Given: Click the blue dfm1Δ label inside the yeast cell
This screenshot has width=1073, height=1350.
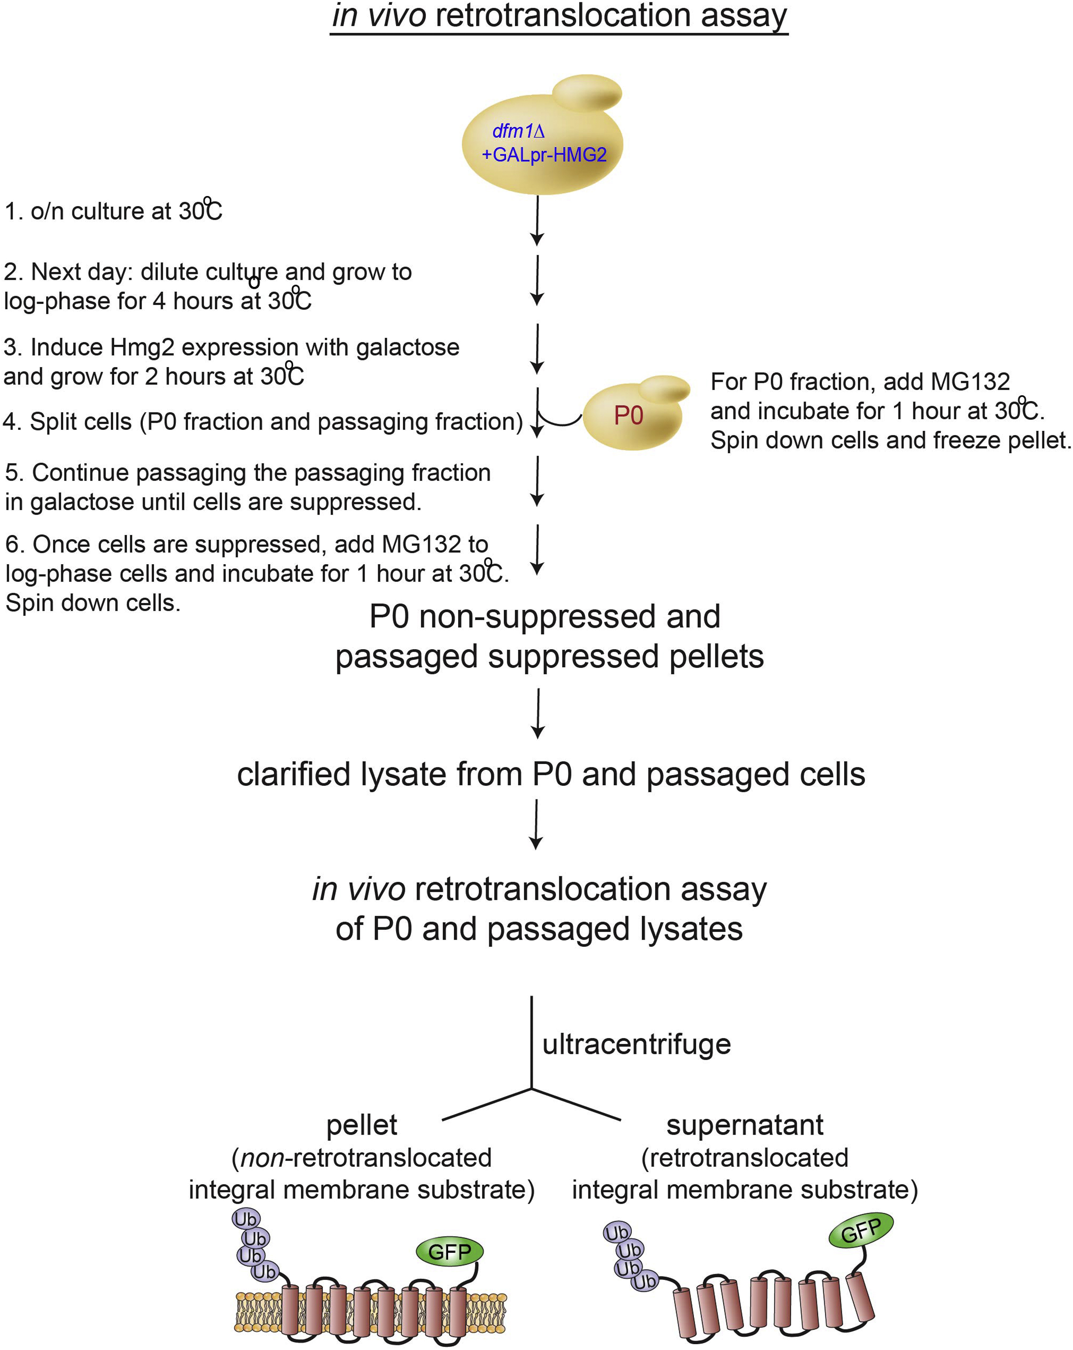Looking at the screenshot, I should (x=518, y=131).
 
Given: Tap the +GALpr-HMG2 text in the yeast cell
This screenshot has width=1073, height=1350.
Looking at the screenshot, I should (x=544, y=155).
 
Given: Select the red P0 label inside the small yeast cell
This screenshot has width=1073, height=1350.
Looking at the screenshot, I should (x=628, y=416).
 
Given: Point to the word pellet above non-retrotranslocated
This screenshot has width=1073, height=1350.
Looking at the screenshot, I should (x=362, y=1125).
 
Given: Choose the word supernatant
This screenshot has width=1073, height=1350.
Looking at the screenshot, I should (x=744, y=1125).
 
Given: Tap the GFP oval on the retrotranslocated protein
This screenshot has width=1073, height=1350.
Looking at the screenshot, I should (x=861, y=1231).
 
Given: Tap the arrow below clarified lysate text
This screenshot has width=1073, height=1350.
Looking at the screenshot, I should (x=536, y=824).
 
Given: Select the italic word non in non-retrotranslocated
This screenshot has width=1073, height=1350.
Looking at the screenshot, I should (x=262, y=1158).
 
